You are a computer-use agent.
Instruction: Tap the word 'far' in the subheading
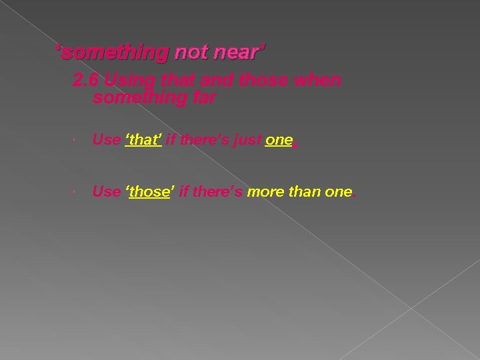pos(203,98)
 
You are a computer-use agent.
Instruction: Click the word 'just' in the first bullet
pos(245,140)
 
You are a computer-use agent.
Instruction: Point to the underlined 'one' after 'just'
pos(278,140)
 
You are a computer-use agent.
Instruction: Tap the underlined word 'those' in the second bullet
pos(149,192)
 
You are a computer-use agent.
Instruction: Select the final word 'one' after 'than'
pos(338,192)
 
